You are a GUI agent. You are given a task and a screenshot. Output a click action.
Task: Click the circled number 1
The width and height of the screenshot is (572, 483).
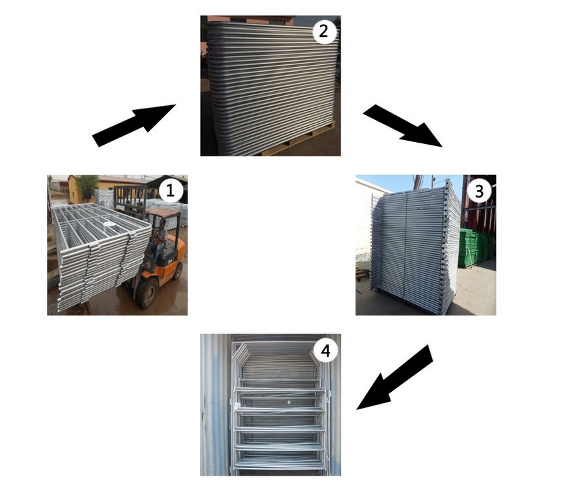click(x=170, y=192)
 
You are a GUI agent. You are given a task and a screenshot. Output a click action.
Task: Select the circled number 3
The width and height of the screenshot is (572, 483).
click(x=479, y=192)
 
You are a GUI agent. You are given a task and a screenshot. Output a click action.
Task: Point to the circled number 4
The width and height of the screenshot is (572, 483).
click(x=325, y=351)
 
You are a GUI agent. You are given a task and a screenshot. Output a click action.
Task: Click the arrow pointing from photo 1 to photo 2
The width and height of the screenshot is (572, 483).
click(x=133, y=125)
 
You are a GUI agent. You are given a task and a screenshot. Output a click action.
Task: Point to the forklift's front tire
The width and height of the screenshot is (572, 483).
click(x=147, y=292)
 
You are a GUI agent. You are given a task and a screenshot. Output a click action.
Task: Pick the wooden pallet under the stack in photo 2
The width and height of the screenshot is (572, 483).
click(x=295, y=149)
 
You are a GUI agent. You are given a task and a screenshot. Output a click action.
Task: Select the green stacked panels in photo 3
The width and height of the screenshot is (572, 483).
click(x=477, y=248)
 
